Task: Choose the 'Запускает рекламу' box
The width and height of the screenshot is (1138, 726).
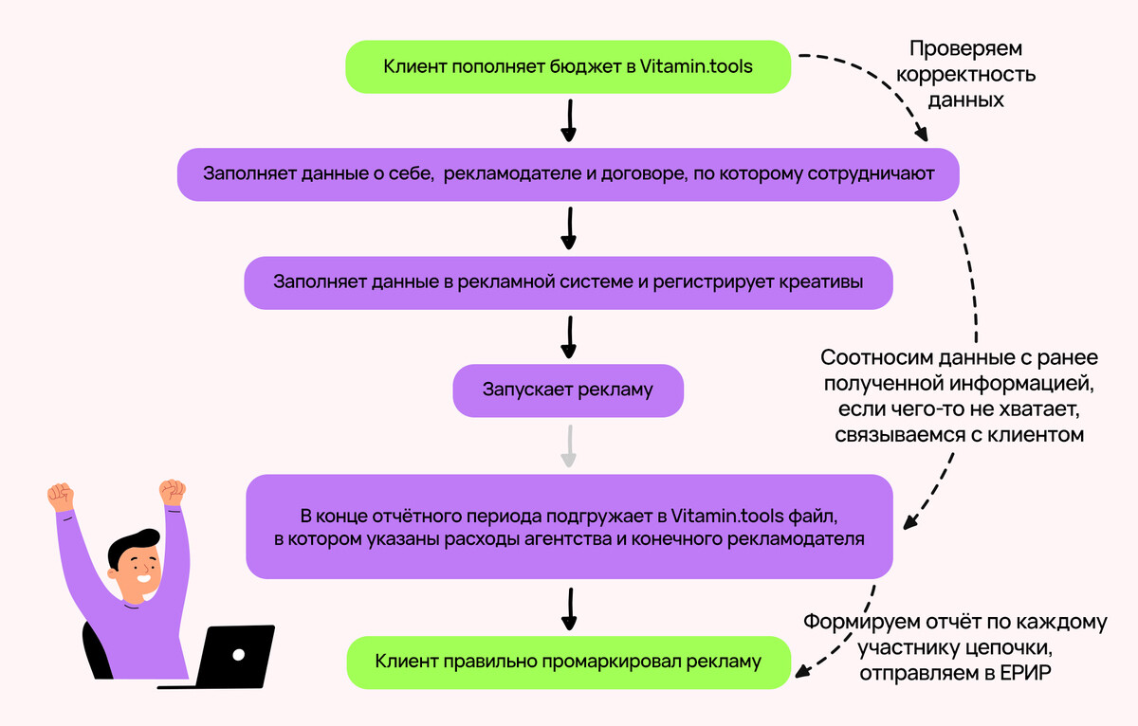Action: point(568,390)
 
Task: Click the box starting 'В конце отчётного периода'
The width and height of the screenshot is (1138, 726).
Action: point(569,528)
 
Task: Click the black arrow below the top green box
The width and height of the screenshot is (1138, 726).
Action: point(568,120)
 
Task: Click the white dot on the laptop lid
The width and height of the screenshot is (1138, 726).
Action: point(239,653)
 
